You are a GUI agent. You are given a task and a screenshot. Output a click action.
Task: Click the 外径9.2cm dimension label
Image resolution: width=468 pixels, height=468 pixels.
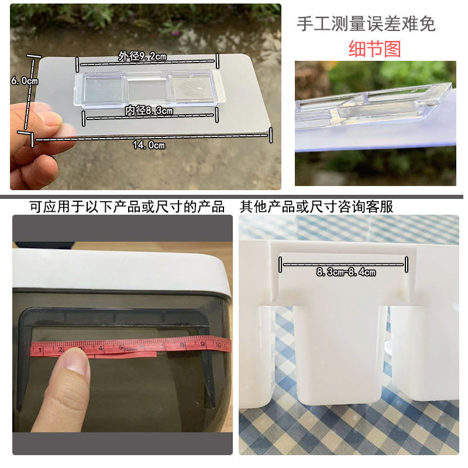click(x=142, y=56)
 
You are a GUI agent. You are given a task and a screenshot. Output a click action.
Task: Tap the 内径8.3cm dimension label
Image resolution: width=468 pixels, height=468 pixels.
click(x=149, y=111)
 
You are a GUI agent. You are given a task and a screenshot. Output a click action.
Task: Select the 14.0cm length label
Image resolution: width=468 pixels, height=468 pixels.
click(x=149, y=145)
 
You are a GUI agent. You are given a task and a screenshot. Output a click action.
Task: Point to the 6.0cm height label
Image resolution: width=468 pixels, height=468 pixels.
click(x=25, y=81)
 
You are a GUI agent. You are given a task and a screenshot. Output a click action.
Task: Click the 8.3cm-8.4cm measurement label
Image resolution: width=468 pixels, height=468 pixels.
click(x=346, y=272)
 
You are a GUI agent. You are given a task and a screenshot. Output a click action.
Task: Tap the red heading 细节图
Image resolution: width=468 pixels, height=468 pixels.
click(x=374, y=49)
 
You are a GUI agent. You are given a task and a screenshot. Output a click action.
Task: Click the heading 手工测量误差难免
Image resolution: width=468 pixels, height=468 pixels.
click(x=366, y=24)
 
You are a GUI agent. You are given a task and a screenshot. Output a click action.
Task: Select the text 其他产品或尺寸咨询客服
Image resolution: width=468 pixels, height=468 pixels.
click(x=316, y=207)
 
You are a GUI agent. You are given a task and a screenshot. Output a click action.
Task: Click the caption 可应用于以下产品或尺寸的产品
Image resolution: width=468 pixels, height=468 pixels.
click(x=127, y=207)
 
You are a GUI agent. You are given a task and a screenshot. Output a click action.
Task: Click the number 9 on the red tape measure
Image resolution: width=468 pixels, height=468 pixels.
click(x=202, y=344)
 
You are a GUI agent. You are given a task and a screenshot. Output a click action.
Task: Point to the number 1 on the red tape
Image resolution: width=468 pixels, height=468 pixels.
click(x=40, y=349)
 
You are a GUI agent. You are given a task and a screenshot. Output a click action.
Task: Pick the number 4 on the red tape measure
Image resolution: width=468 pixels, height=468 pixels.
click(x=101, y=348)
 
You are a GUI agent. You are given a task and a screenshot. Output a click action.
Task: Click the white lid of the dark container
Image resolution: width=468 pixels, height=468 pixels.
click(x=121, y=270)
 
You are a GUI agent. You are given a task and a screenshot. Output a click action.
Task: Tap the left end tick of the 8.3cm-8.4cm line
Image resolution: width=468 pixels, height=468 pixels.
click(x=280, y=264)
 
